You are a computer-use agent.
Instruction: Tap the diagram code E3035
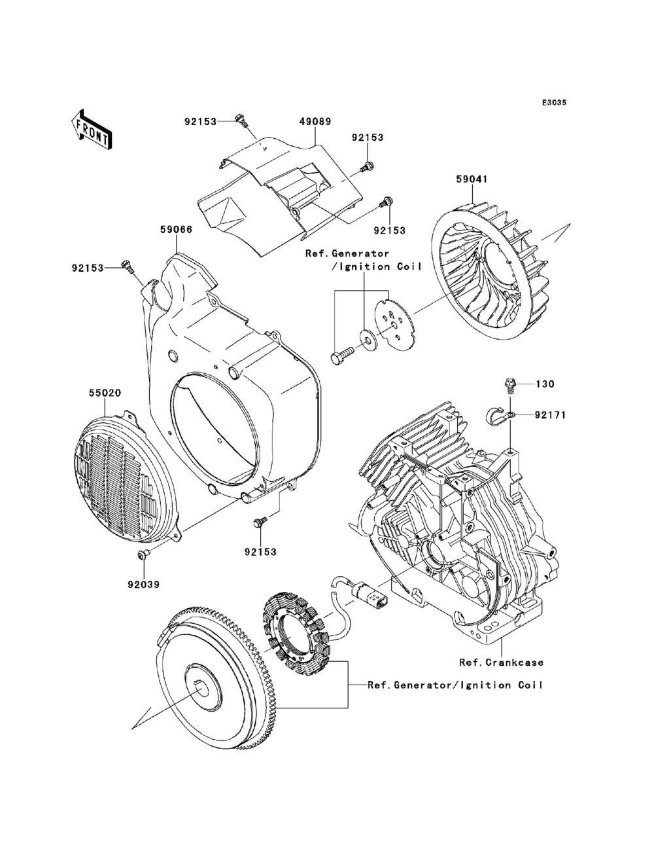554,103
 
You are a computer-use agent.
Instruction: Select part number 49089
315,121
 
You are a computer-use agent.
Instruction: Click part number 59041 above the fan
472,179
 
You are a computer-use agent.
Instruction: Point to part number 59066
177,230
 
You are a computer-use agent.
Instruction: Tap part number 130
545,384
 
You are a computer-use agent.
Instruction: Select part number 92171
549,415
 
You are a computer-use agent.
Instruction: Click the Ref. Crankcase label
501,663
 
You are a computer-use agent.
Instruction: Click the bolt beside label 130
509,384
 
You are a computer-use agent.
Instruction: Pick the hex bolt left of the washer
342,353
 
